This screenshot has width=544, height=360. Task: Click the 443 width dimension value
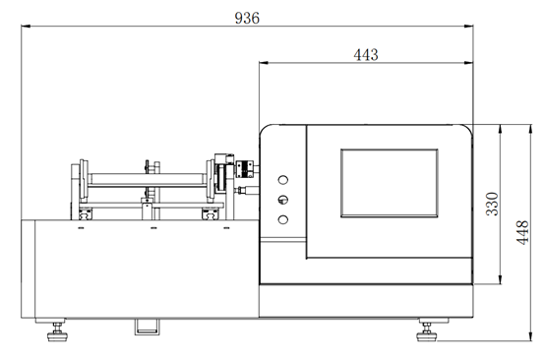(x=365, y=55)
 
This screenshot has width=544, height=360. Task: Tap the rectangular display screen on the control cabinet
(x=389, y=182)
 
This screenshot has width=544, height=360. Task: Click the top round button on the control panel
(x=283, y=180)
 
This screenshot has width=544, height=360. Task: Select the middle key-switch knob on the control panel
(x=283, y=199)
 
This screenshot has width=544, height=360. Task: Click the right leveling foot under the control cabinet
(x=429, y=330)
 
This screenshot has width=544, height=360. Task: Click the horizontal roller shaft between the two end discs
(x=148, y=177)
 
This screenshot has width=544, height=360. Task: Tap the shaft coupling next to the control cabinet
(x=242, y=177)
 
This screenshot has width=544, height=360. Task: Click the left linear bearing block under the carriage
(x=86, y=211)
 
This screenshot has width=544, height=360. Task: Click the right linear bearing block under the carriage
(x=209, y=211)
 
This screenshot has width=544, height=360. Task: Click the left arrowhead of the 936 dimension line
(x=26, y=30)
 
